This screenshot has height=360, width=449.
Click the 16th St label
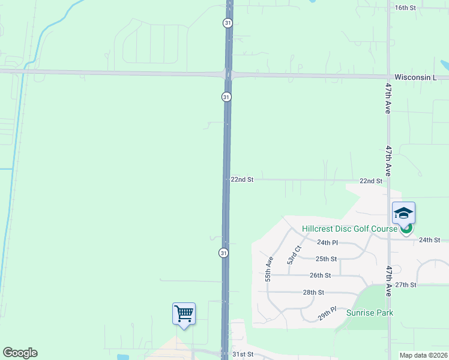click(405, 7)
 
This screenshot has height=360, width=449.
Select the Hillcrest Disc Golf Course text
click(350, 229)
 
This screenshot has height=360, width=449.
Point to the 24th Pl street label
click(328, 242)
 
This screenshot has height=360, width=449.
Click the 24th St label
click(430, 240)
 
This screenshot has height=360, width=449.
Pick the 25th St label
click(326, 259)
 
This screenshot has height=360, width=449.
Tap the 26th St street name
click(320, 275)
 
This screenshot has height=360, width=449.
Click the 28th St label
click(313, 292)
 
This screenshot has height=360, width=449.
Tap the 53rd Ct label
click(294, 255)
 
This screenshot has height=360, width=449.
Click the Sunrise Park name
click(370, 313)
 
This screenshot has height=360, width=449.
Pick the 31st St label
click(243, 354)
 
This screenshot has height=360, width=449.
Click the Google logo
click(20, 353)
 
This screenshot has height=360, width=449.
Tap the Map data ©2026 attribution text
click(423, 355)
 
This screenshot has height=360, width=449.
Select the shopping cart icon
click(184, 313)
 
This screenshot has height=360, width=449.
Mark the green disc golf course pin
click(407, 228)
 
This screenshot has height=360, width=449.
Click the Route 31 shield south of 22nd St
click(223, 253)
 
